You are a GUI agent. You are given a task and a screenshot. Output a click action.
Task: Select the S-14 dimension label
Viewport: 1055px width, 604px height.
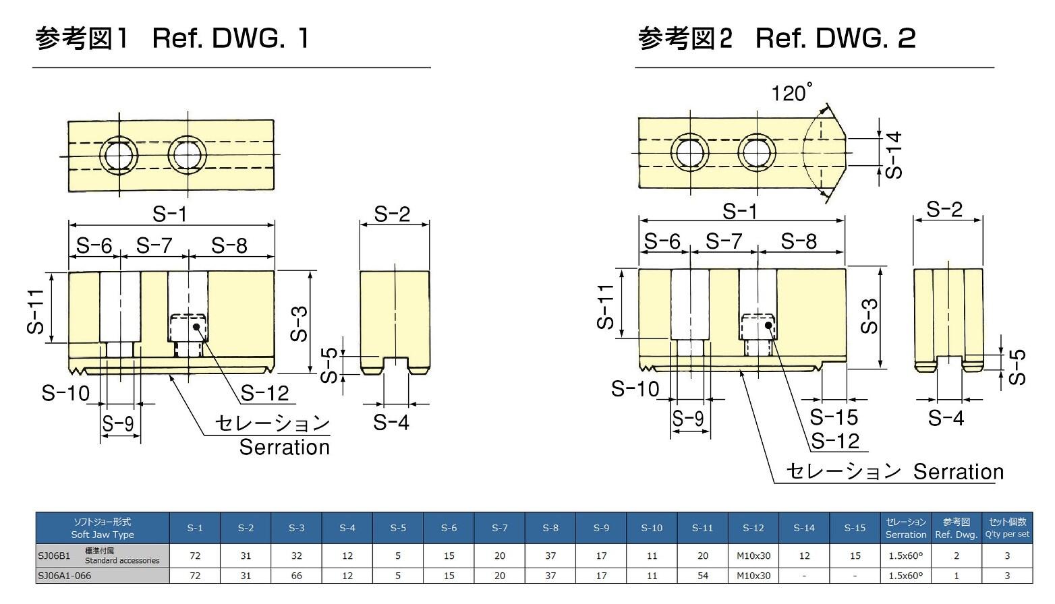coord(893,155)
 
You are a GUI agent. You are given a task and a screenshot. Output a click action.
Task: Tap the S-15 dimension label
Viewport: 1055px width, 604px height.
coord(834,417)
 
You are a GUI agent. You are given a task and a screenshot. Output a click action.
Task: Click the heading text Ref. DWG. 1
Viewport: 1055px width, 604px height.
coord(230,38)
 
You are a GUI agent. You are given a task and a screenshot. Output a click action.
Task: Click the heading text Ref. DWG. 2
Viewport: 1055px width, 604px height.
coord(835,38)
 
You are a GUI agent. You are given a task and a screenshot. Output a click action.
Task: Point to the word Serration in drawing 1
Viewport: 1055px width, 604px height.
coord(284,447)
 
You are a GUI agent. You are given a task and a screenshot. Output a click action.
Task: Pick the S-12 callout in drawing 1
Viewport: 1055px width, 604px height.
coord(264,393)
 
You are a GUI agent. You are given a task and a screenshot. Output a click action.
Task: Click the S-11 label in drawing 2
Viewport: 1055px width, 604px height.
coord(606,306)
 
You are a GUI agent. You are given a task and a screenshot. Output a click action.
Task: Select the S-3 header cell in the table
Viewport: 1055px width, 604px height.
coord(296,528)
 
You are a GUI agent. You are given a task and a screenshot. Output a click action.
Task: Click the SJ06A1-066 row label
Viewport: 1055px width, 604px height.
coord(65,576)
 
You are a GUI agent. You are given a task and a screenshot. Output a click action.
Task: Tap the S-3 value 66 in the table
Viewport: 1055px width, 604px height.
coord(296,576)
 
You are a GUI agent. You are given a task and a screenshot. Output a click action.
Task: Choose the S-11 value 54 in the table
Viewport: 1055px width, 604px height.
coord(702,576)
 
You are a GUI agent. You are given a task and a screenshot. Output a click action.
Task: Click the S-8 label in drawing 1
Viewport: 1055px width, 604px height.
coord(229,245)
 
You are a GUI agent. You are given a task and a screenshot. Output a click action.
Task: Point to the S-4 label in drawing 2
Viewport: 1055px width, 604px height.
coord(946,418)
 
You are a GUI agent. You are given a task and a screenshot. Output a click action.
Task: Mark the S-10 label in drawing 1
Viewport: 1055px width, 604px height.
coord(65,392)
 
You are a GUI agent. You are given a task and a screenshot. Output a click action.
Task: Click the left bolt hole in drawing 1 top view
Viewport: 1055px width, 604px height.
coord(119,156)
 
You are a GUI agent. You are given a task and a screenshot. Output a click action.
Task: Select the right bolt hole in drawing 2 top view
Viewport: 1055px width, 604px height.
coord(757,151)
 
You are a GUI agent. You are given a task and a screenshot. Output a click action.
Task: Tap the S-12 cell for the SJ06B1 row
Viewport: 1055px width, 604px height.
coord(753,556)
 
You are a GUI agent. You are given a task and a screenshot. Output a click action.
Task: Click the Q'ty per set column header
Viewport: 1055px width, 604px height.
coord(1007,528)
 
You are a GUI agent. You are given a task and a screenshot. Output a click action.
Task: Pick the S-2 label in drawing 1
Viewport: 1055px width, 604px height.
coord(392,214)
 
